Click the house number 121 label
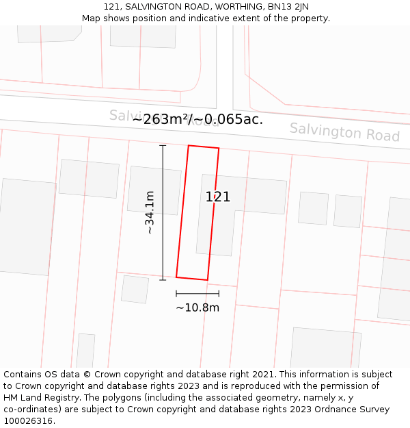pos(218,197)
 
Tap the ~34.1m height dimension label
pos(150,213)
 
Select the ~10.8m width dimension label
pos(197,307)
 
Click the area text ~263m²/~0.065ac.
pos(197,119)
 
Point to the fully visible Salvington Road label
pos(344,131)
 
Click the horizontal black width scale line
pos(197,294)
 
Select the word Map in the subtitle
pos(91,18)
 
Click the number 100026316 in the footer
pos(27,420)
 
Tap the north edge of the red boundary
pos(204,147)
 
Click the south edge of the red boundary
pos(192,279)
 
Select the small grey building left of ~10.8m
pos(135,289)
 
